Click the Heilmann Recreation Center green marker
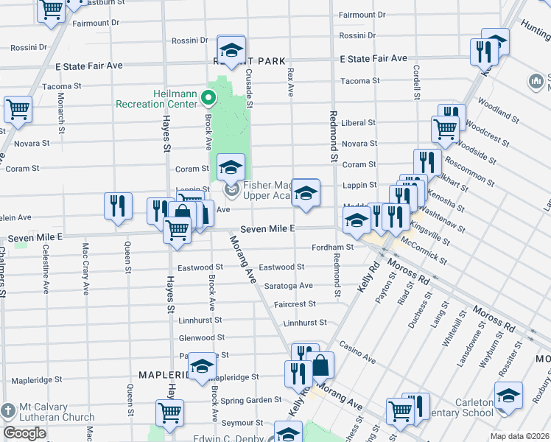coord(208,97)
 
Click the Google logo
coord(24,433)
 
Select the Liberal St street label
coord(359,123)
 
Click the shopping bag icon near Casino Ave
coord(322,365)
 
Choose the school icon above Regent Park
coord(231,49)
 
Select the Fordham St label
coord(329,248)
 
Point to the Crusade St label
coord(249,89)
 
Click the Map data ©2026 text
coord(519,436)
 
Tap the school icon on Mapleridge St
coord(202,366)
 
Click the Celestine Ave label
coord(46,269)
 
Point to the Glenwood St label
coord(201,338)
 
